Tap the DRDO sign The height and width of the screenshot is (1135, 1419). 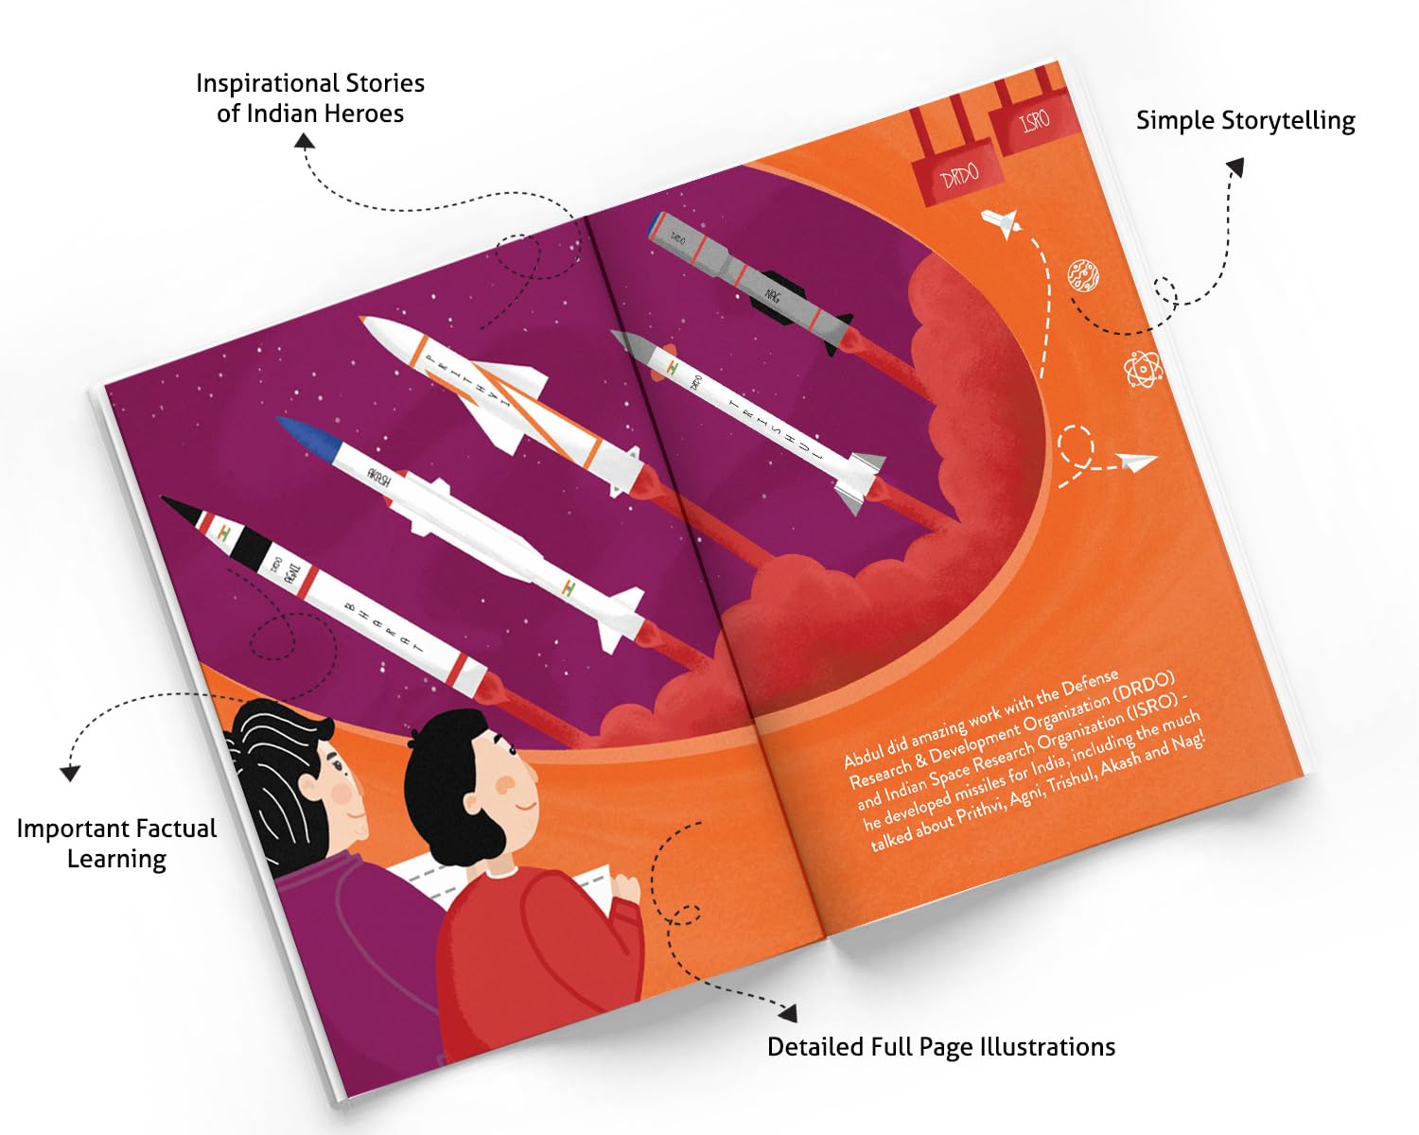(x=959, y=176)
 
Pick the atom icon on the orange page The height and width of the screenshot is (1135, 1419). (x=1143, y=369)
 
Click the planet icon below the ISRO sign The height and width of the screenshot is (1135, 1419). (x=1083, y=275)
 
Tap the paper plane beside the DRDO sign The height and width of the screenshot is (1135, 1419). (x=1001, y=222)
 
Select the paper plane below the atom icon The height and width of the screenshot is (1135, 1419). (x=1135, y=463)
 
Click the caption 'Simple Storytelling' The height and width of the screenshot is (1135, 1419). (x=1245, y=121)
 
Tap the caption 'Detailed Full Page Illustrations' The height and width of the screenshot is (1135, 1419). (x=940, y=1047)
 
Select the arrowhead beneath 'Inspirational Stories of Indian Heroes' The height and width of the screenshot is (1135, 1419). (x=304, y=141)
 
